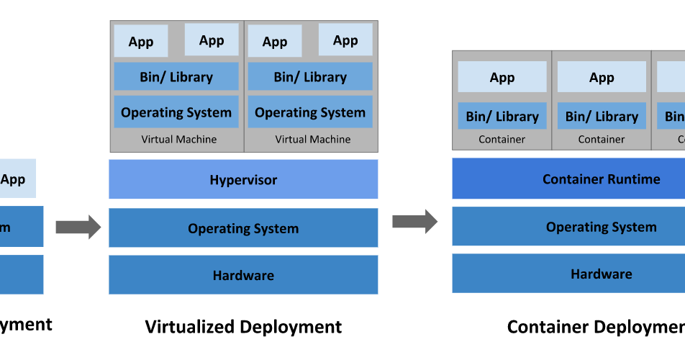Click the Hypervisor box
click(243, 179)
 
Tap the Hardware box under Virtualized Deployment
click(243, 275)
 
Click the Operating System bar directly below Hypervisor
click(243, 228)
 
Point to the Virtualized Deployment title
click(243, 327)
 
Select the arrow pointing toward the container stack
click(414, 221)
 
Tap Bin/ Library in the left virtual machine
click(176, 77)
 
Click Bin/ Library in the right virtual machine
click(310, 77)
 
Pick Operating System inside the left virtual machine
click(176, 112)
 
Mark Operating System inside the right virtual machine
click(310, 112)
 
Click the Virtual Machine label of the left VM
click(178, 140)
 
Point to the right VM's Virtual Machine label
click(313, 140)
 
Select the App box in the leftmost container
click(502, 78)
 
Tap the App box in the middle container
click(602, 78)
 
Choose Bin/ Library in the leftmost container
click(502, 116)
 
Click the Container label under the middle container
click(602, 140)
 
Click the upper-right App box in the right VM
click(345, 40)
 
